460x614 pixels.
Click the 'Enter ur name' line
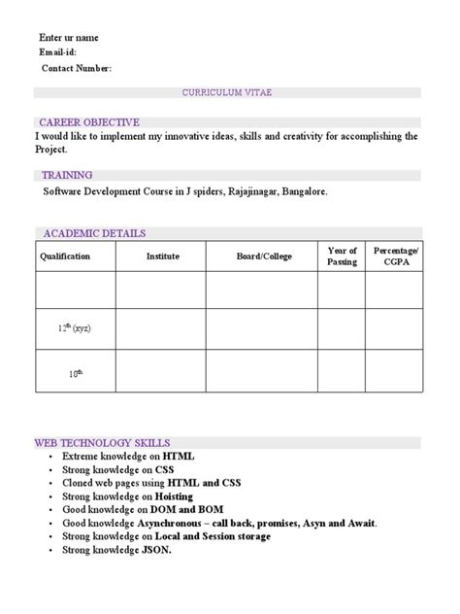pyautogui.click(x=68, y=38)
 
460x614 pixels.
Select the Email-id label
pyautogui.click(x=57, y=52)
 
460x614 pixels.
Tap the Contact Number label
pyautogui.click(x=77, y=68)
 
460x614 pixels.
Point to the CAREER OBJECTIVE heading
pyautogui.click(x=89, y=122)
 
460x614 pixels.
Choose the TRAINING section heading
pyautogui.click(x=67, y=175)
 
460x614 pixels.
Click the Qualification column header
pyautogui.click(x=65, y=256)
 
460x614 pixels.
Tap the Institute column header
pyautogui.click(x=162, y=256)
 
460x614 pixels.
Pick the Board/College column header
pyautogui.click(x=264, y=256)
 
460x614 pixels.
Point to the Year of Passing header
pyautogui.click(x=343, y=256)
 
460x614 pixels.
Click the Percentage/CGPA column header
pyautogui.click(x=395, y=256)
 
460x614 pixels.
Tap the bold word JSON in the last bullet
pyautogui.click(x=156, y=550)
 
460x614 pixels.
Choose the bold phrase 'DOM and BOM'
pyautogui.click(x=183, y=509)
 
